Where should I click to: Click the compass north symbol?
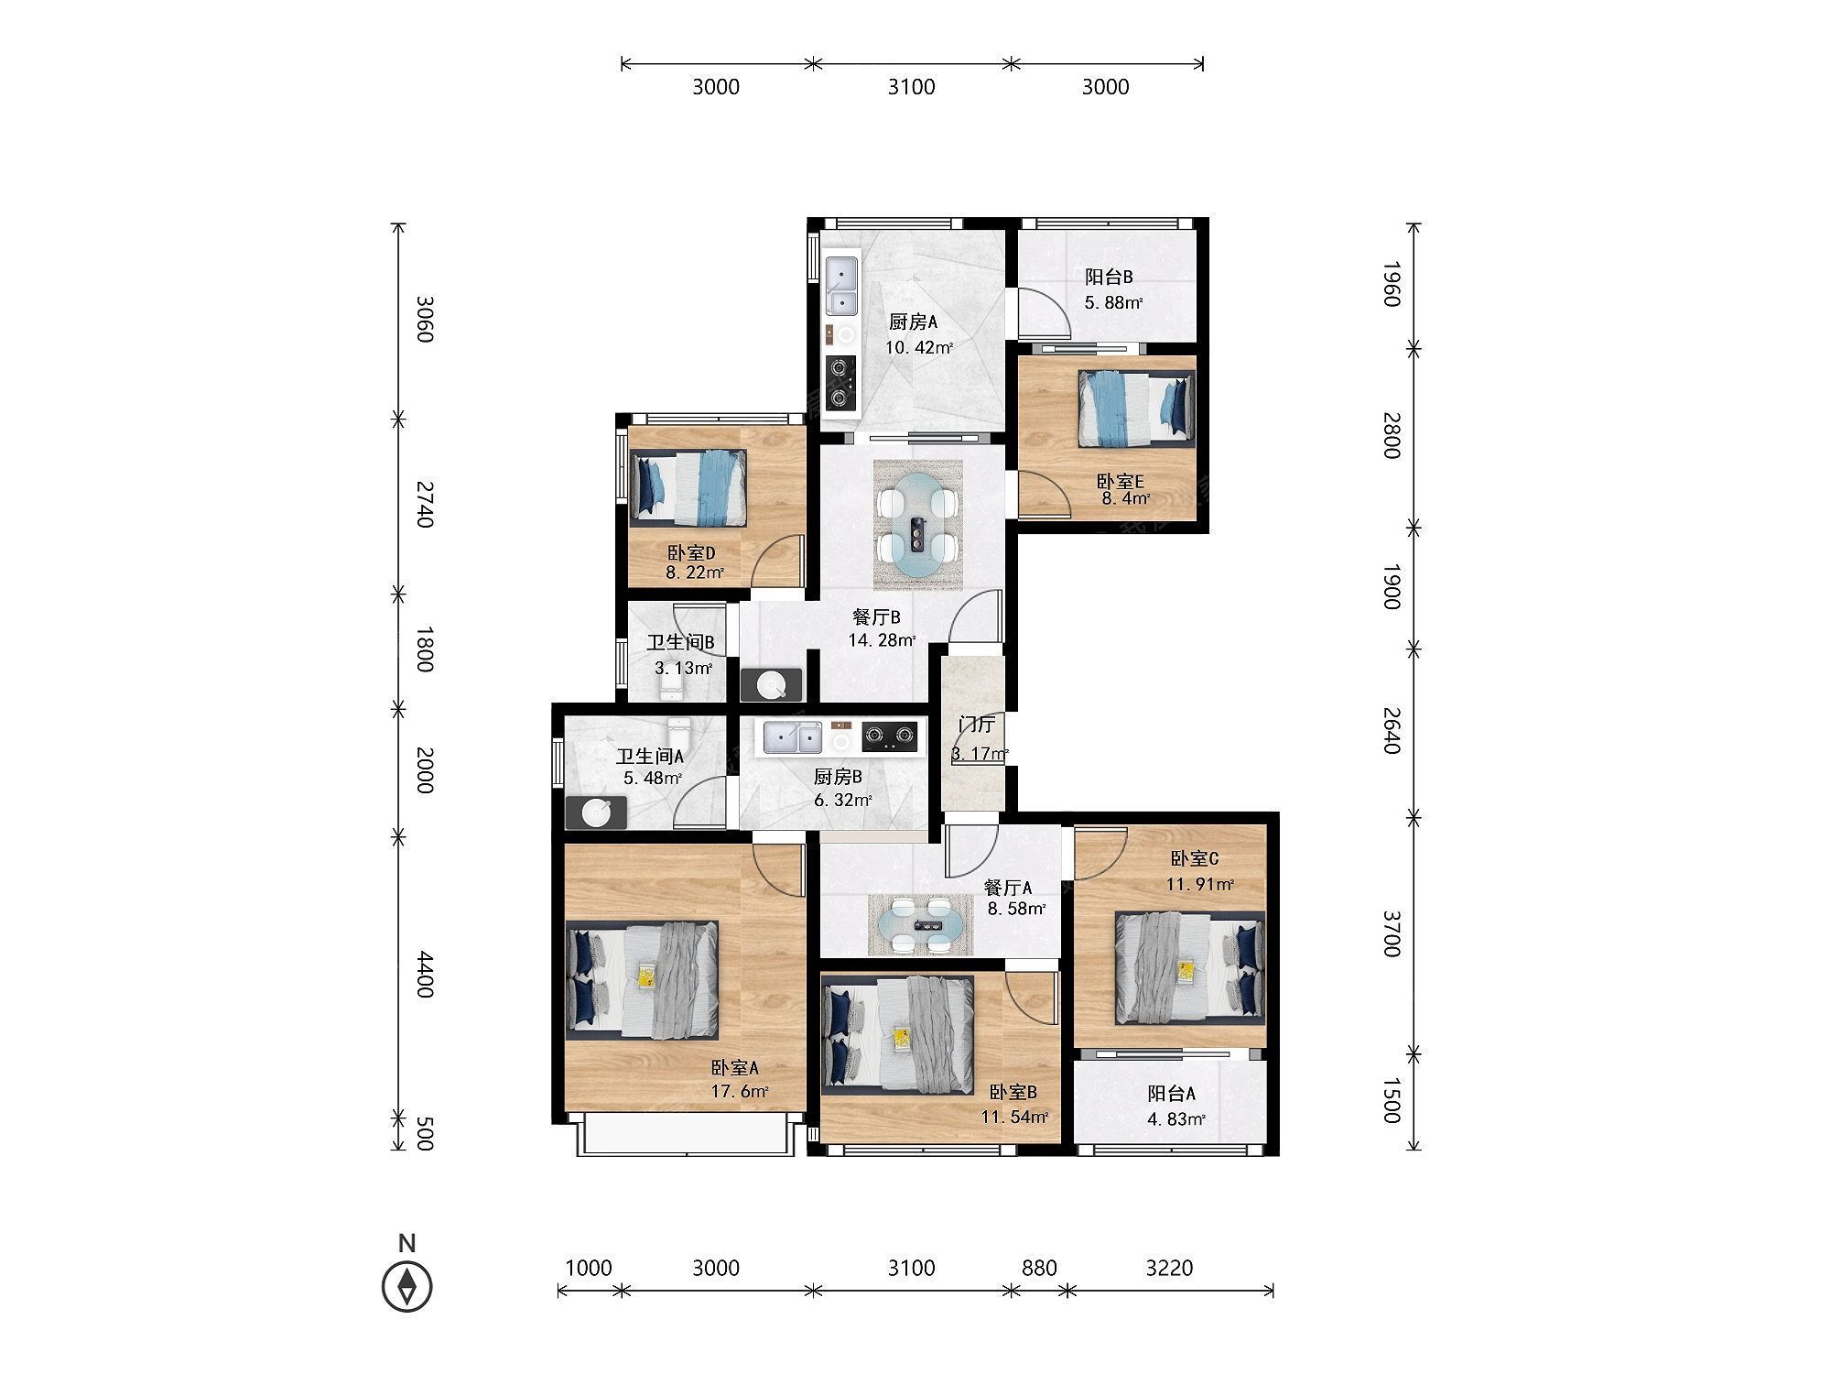click(x=406, y=1284)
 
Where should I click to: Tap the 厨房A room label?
click(x=914, y=322)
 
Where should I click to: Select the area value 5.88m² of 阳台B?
click(x=1113, y=302)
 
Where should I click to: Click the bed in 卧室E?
click(x=1136, y=409)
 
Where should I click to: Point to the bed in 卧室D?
click(x=688, y=487)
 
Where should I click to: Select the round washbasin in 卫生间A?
click(x=596, y=812)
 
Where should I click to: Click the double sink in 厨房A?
click(x=841, y=287)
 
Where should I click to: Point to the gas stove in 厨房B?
click(x=890, y=734)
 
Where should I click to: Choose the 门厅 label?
click(x=976, y=725)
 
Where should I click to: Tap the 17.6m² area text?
click(x=739, y=1090)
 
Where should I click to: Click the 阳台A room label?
click(x=1172, y=1094)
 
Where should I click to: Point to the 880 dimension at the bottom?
click(x=1039, y=1268)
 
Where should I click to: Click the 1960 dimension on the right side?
click(x=1391, y=284)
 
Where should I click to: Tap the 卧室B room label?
click(x=1013, y=1093)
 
